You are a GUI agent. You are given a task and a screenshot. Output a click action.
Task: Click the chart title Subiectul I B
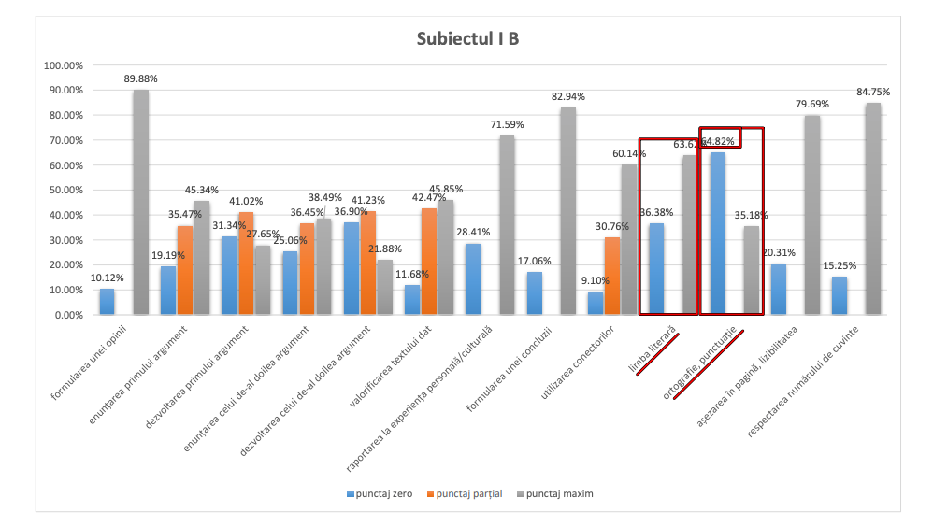[466, 39]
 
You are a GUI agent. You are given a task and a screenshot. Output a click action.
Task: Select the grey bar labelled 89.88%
[140, 202]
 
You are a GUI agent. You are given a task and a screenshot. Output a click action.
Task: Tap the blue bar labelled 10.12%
[108, 302]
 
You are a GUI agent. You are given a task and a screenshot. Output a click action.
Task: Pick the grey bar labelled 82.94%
[567, 211]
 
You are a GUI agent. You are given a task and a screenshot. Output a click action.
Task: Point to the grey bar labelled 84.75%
[872, 208]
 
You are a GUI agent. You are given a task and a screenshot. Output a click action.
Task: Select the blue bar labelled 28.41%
[473, 278]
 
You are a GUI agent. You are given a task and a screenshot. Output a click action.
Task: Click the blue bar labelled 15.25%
[839, 295]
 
